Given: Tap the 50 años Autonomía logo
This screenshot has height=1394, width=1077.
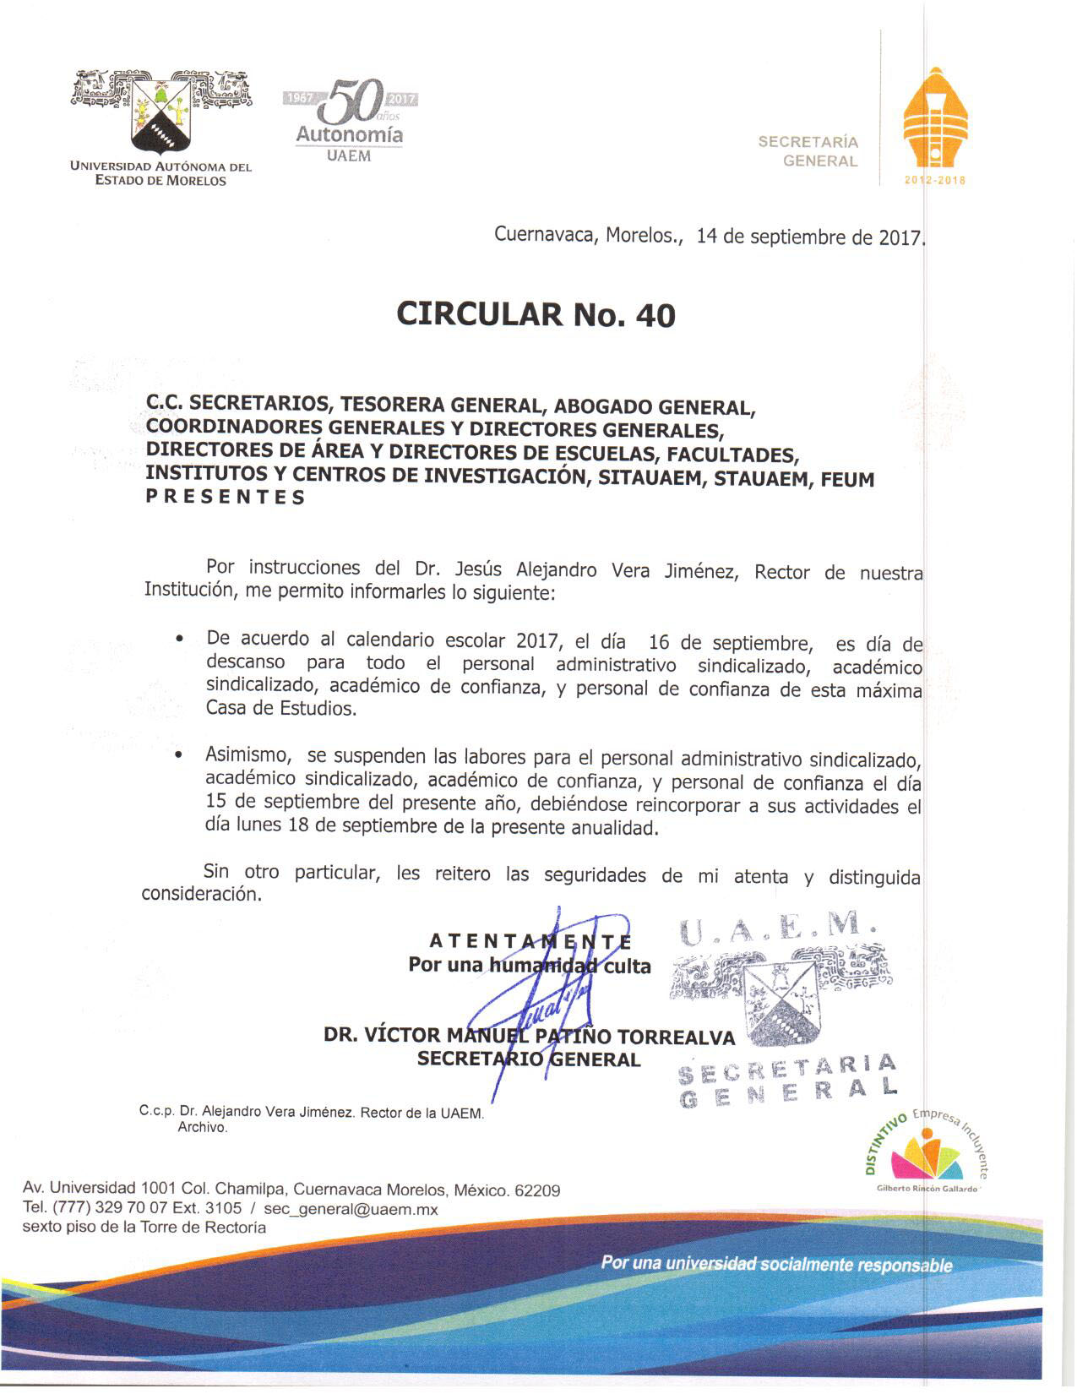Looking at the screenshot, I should tap(350, 118).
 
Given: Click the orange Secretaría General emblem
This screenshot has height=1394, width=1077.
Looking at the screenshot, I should tap(933, 123).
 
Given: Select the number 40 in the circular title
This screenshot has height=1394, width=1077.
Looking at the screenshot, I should tap(656, 315).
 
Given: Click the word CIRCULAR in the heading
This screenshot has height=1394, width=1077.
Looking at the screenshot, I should tap(478, 314).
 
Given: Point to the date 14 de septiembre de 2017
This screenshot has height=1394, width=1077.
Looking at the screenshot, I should tap(810, 237).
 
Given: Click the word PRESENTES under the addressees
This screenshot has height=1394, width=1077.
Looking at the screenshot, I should tap(225, 498).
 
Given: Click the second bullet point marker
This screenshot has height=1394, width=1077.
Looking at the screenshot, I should tap(179, 755).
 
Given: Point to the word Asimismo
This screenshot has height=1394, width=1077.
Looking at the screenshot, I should tap(248, 754).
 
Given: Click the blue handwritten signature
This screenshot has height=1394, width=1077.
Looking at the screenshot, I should tap(549, 988).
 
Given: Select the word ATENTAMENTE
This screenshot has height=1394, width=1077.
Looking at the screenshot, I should tap(530, 941).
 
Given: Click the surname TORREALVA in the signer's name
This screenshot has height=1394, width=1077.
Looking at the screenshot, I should tap(676, 1037).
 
